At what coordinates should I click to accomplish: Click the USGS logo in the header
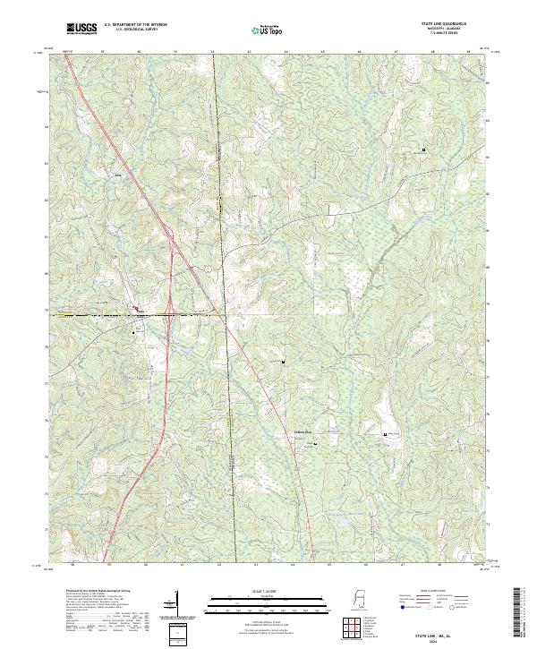[x=81, y=29]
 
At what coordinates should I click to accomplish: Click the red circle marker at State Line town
[x=138, y=312]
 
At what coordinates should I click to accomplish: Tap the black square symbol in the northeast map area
[x=423, y=150]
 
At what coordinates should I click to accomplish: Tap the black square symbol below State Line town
[x=139, y=330]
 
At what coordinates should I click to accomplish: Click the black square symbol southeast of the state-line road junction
[x=283, y=362]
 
